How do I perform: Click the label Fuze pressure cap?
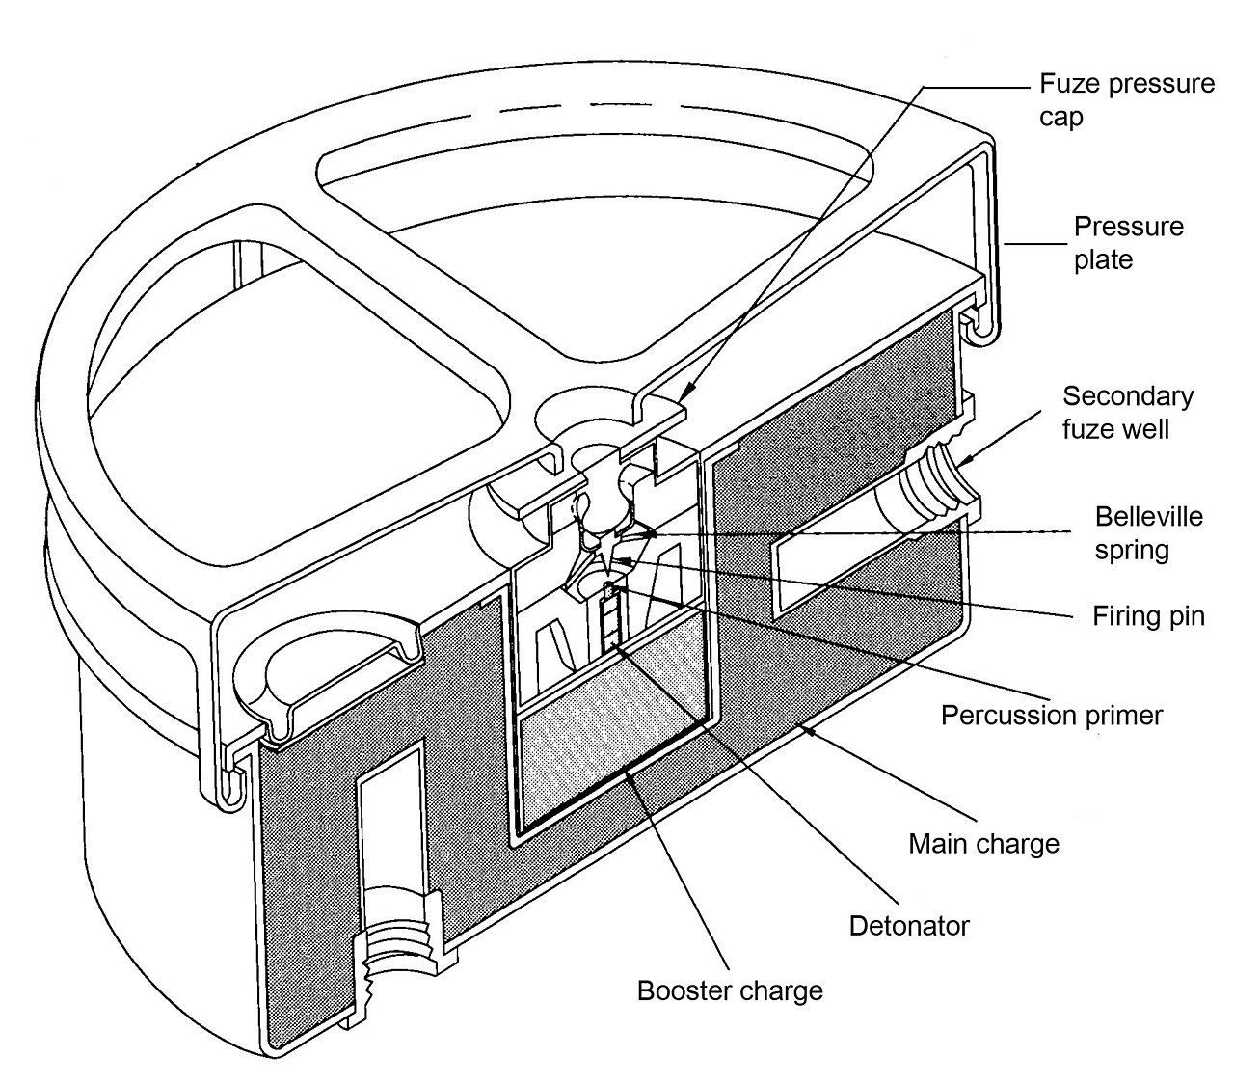pos(1125,99)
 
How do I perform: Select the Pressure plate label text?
pos(1129,243)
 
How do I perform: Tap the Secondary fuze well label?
pos(1127,412)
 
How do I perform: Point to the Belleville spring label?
pos(1148,533)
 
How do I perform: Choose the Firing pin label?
pos(1148,615)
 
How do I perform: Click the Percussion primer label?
pos(1052,716)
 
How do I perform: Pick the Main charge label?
pos(983,844)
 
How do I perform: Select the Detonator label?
pos(908,926)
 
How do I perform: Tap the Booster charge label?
pos(730,990)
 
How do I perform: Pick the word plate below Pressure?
pos(1104,260)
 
